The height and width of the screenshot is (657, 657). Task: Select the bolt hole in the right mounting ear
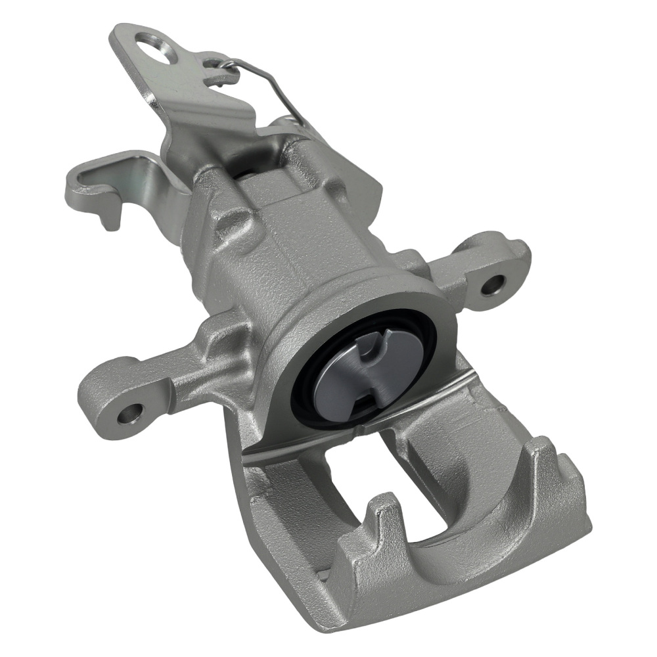pos(492,284)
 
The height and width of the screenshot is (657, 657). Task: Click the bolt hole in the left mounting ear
pos(129,413)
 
